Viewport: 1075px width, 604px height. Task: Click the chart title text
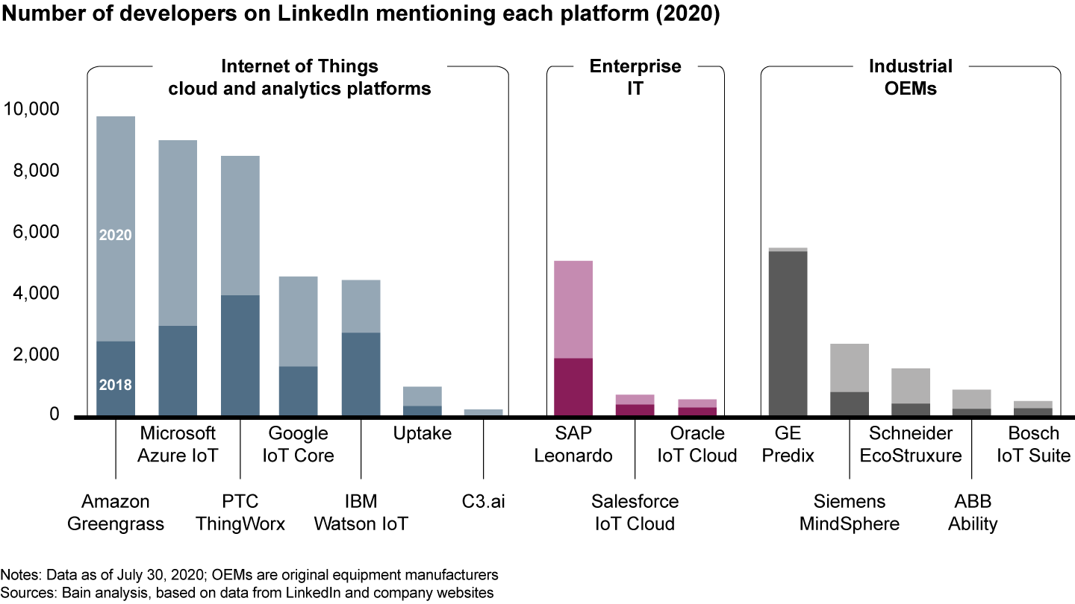(x=360, y=15)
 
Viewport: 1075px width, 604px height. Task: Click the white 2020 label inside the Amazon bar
(x=115, y=235)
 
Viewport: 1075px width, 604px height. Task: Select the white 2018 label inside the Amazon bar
(x=115, y=386)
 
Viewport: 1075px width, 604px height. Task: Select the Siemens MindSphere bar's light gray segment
(x=849, y=368)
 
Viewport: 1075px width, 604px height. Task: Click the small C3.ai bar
(x=483, y=412)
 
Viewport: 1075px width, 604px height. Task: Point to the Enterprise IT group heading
(x=635, y=77)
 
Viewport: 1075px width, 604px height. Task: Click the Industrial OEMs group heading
(x=910, y=77)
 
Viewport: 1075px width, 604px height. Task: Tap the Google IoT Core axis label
(x=298, y=444)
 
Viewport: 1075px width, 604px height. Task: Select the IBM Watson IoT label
(x=361, y=512)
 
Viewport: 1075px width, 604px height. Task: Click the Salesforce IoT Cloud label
(x=635, y=512)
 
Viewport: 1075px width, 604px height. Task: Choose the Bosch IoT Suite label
(x=1033, y=444)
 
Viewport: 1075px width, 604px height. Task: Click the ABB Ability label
(x=972, y=512)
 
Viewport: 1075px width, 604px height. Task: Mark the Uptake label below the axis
(x=422, y=434)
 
